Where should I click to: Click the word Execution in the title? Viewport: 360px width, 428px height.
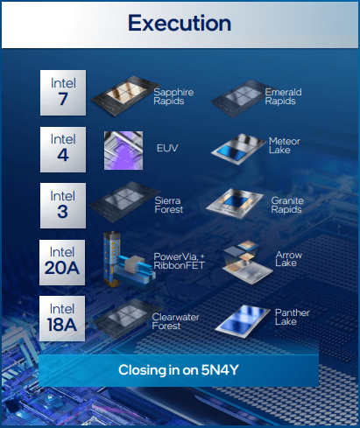click(x=180, y=23)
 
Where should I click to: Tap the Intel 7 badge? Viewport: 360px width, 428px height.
click(x=63, y=93)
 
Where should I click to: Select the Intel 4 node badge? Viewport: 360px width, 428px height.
click(x=63, y=150)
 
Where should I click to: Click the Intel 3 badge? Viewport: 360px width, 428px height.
click(x=63, y=206)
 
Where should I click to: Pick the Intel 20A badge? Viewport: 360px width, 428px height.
click(x=62, y=263)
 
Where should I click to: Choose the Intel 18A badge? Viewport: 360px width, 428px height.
click(x=62, y=319)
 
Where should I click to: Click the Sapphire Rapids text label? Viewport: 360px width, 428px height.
click(x=173, y=96)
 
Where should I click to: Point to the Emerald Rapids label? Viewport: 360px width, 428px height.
click(x=283, y=96)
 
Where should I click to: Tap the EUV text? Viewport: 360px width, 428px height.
click(x=167, y=148)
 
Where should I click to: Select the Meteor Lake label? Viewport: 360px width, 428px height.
click(x=285, y=145)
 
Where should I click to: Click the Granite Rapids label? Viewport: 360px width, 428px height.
click(x=287, y=205)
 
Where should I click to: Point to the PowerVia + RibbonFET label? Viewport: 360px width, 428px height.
click(x=180, y=261)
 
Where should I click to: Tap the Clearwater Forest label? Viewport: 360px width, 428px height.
click(x=175, y=321)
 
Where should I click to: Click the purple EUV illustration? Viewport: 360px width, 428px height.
click(x=124, y=151)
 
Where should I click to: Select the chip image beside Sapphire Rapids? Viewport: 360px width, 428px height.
click(x=122, y=95)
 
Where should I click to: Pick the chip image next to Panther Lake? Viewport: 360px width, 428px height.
click(x=243, y=321)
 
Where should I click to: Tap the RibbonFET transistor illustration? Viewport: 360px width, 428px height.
click(x=129, y=260)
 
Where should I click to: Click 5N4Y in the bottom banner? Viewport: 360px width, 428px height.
click(x=220, y=370)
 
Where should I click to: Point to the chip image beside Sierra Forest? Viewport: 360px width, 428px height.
click(x=124, y=202)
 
